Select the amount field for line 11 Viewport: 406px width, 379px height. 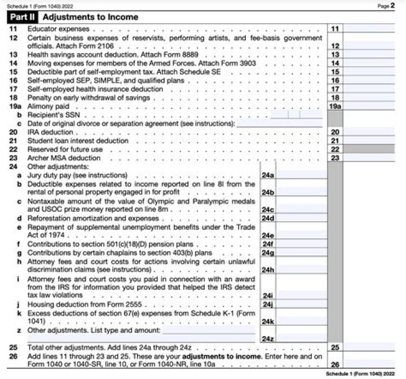[x=369, y=28]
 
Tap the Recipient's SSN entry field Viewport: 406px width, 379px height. [x=297, y=115]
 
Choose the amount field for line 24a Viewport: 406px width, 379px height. [x=302, y=176]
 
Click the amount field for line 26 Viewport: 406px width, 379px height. [x=369, y=364]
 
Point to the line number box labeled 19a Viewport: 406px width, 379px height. [x=335, y=106]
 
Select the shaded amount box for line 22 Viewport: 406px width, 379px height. [x=369, y=149]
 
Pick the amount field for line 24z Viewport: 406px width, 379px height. [x=302, y=338]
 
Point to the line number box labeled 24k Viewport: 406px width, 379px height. [x=268, y=321]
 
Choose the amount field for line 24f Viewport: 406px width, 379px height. [x=302, y=244]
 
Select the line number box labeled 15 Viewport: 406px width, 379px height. [x=335, y=72]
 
